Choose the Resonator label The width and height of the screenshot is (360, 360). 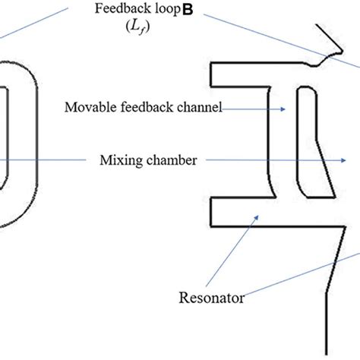point(211,298)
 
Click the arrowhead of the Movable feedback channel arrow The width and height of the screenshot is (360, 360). point(283,109)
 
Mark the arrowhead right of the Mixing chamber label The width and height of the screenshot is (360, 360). point(346,160)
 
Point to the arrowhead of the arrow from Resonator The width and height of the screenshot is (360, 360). point(258,216)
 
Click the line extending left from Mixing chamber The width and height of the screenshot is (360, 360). point(46,160)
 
